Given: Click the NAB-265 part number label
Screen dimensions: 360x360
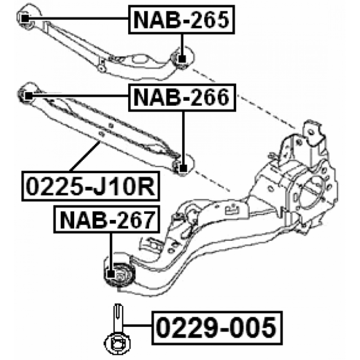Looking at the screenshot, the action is [x=181, y=19].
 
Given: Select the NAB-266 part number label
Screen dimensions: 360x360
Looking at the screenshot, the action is [x=182, y=98].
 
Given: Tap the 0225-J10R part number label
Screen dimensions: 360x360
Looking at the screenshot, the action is [x=91, y=186].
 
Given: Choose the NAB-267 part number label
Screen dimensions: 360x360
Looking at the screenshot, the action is [x=107, y=220].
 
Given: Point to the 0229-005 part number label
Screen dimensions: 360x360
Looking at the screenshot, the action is [x=217, y=328].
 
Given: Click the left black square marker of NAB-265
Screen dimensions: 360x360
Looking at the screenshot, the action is [x=25, y=18].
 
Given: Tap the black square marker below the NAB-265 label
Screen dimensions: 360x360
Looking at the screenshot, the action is [x=182, y=59].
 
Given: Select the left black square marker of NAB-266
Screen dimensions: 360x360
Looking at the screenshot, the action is [x=28, y=96].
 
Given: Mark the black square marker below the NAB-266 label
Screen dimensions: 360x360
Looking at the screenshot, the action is [x=183, y=169].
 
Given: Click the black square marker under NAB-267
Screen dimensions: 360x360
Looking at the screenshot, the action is [x=111, y=274].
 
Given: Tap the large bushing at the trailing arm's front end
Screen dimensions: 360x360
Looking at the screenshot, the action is [x=119, y=274].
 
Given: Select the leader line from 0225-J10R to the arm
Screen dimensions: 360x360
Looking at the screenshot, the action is [x=85, y=156].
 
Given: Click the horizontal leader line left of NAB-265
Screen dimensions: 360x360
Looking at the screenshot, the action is [x=78, y=18].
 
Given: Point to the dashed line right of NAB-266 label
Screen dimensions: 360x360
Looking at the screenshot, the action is [x=266, y=111].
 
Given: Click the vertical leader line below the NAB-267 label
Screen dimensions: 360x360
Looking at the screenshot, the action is [x=111, y=252].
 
